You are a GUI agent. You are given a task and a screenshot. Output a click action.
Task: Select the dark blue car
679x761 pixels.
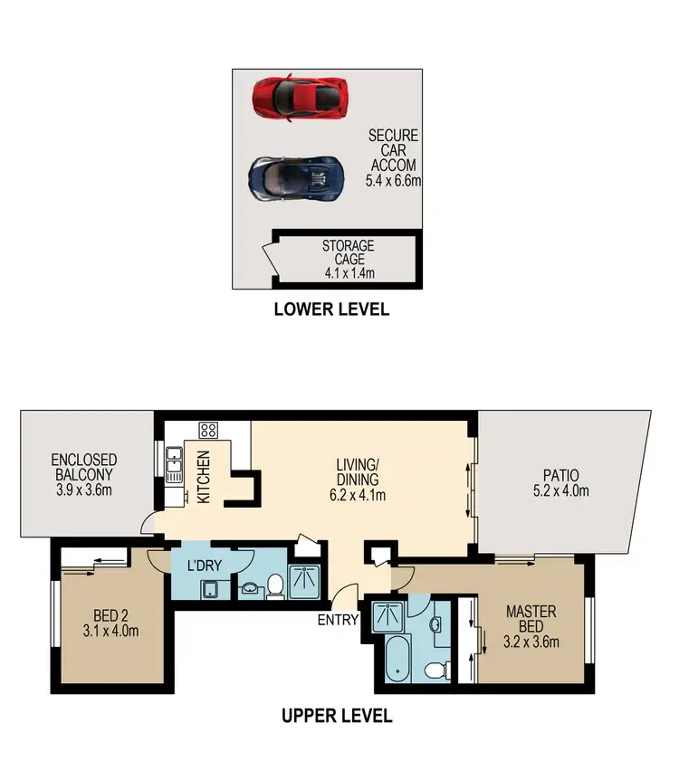point(297,177)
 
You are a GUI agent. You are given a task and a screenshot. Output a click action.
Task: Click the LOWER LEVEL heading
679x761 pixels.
point(331,309)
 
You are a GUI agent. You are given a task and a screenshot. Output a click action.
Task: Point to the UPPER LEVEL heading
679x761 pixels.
point(337,716)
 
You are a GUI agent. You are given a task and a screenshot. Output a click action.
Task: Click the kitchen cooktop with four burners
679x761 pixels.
point(207,431)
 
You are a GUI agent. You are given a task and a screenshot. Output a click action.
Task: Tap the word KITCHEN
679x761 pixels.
point(204,477)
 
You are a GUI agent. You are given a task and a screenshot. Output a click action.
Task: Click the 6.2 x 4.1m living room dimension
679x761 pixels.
point(359,495)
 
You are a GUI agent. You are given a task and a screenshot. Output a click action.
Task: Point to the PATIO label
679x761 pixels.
point(561,475)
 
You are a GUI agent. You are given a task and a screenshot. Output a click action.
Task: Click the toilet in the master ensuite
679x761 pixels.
point(435,671)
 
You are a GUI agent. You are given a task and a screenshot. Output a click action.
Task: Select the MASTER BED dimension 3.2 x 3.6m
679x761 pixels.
point(531,642)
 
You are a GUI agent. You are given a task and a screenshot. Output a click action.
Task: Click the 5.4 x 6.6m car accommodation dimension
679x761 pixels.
point(395,180)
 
